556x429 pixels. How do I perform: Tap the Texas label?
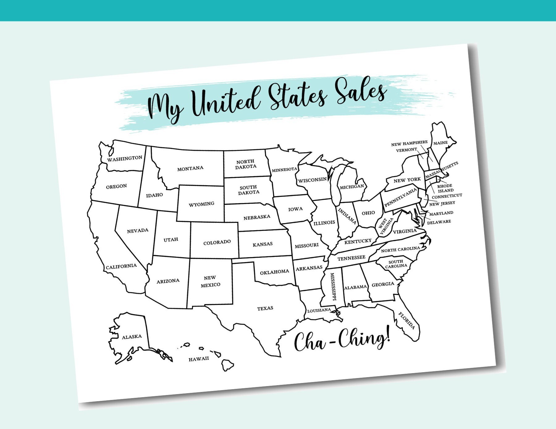click(x=265, y=308)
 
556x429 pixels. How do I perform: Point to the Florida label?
click(x=406, y=321)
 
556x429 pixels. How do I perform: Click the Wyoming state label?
click(x=201, y=204)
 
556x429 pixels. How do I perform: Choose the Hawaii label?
click(x=199, y=359)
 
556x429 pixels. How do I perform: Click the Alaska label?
click(x=132, y=337)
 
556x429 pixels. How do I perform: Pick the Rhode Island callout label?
click(x=445, y=188)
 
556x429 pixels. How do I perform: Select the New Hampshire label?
click(x=409, y=143)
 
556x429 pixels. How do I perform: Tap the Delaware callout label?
click(x=439, y=222)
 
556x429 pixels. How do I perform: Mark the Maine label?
click(x=440, y=143)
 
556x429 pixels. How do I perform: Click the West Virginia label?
click(x=385, y=226)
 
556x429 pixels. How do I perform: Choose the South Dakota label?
click(x=248, y=190)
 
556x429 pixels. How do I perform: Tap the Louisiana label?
click(x=319, y=310)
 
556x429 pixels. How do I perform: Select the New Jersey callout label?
click(x=442, y=203)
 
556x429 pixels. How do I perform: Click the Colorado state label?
click(x=217, y=242)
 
